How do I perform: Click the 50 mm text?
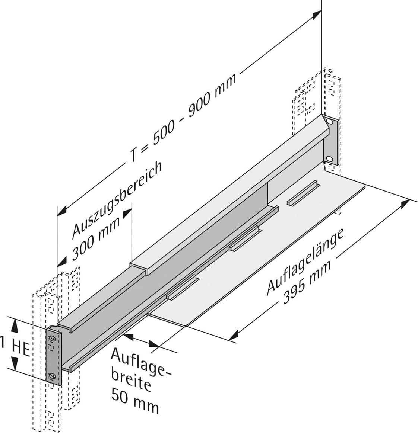(134, 401)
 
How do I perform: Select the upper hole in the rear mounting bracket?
(329, 122)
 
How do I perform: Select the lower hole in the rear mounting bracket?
(329, 159)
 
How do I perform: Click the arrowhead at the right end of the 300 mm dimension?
(127, 213)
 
